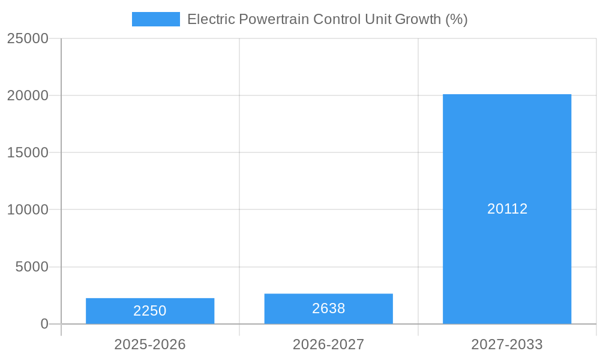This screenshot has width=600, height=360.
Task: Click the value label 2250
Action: tap(150, 311)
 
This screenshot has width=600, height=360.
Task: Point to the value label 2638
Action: tap(328, 308)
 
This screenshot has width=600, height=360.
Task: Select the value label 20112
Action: tap(507, 209)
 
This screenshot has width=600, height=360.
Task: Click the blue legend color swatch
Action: tap(156, 19)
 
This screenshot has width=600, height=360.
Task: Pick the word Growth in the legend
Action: tap(418, 19)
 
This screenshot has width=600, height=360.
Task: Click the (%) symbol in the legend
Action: tap(456, 19)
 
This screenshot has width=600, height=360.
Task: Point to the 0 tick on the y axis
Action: tap(44, 324)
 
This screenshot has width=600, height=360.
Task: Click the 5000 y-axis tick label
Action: tap(32, 267)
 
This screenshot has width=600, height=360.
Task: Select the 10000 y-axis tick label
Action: tap(28, 209)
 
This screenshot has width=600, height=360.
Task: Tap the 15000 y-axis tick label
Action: tap(28, 152)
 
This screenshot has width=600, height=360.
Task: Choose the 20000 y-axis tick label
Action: tap(28, 95)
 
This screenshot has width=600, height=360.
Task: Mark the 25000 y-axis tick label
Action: tap(28, 38)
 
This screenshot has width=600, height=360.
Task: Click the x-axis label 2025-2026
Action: tap(150, 344)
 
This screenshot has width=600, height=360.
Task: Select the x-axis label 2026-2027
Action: tap(328, 344)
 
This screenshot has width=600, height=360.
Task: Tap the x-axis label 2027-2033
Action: tap(507, 344)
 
